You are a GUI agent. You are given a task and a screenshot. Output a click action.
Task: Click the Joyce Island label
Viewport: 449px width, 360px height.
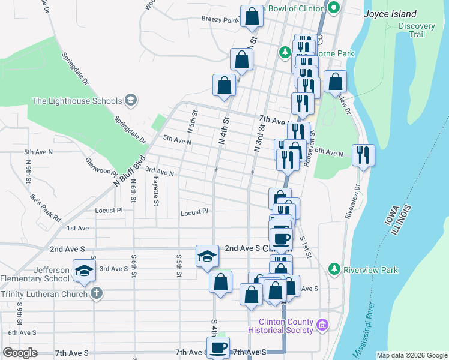coord(391,14)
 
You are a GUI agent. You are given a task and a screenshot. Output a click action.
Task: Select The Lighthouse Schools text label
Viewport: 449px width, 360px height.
coord(77,101)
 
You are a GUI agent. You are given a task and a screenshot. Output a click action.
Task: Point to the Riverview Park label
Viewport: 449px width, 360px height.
coord(370,270)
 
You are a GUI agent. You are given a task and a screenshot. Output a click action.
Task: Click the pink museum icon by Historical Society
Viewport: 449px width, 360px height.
coord(322,326)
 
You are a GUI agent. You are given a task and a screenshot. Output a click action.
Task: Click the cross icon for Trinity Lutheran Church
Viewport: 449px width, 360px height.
coord(95,293)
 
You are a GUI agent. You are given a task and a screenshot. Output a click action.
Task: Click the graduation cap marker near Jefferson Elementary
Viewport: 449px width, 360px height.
coord(84,271)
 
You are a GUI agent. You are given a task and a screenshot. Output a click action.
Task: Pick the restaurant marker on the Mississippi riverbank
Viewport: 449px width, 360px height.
coord(363,155)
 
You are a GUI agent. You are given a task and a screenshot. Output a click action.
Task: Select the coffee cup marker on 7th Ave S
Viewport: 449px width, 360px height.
coord(218,347)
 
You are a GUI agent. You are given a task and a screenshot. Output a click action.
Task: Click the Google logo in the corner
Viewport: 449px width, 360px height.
coord(20,353)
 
